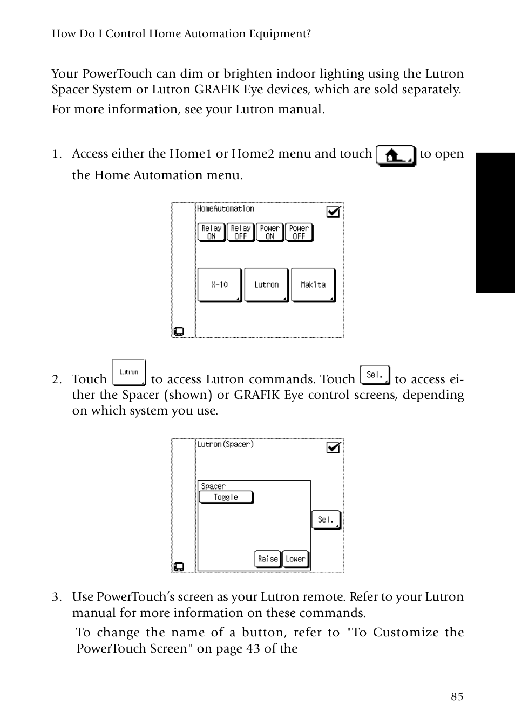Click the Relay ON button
[211, 232]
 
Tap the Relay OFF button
[240, 232]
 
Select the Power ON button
[269, 232]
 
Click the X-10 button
[219, 284]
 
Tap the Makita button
[313, 284]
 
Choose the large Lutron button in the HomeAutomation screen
[266, 284]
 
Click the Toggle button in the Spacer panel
[226, 497]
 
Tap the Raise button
[268, 559]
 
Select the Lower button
[295, 559]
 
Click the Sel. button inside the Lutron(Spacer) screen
[326, 519]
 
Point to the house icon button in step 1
[395, 155]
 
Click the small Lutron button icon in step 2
[128, 372]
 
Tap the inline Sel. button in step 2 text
[375, 375]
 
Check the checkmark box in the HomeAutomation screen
[334, 212]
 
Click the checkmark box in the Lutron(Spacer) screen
[334, 447]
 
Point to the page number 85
[457, 696]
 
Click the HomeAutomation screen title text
[225, 209]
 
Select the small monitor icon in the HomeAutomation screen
[179, 331]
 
